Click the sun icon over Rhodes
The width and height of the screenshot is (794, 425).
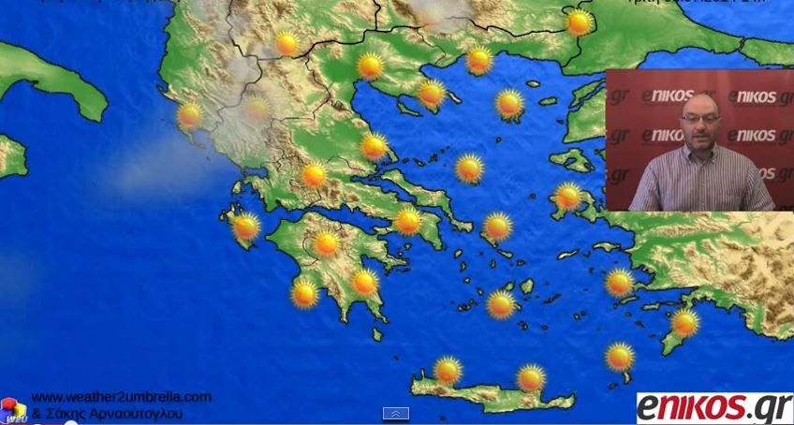(x=684, y=323)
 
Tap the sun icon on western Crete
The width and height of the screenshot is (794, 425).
(x=448, y=370)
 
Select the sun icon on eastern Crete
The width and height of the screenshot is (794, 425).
(x=531, y=377)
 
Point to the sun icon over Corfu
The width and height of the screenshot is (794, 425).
(x=189, y=115)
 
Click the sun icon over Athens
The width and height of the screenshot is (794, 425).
(x=408, y=222)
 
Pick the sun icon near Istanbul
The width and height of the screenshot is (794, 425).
(x=580, y=22)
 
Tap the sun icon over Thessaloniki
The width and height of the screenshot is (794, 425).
(x=370, y=66)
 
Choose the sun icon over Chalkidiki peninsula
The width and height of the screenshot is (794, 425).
(x=431, y=93)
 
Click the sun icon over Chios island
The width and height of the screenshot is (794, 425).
(x=567, y=197)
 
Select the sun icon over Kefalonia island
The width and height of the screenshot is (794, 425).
(x=245, y=227)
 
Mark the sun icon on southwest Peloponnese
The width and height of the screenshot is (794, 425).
(x=304, y=294)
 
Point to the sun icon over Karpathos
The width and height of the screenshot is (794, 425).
(x=619, y=356)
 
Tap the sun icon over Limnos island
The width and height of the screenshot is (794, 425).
(x=509, y=103)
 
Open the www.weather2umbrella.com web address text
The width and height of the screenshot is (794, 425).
(x=121, y=397)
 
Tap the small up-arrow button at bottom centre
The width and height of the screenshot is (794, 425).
(x=396, y=414)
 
